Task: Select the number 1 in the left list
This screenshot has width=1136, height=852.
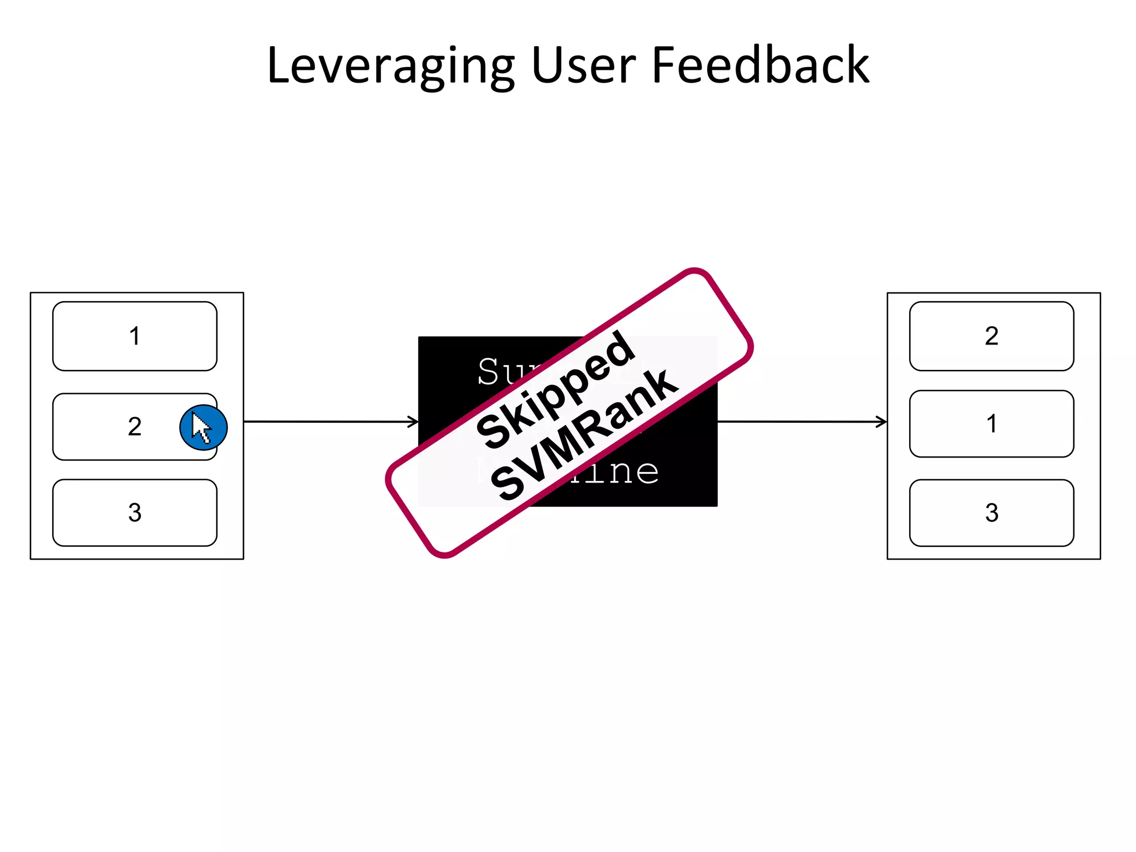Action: [135, 336]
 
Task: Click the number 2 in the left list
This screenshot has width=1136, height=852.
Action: [135, 427]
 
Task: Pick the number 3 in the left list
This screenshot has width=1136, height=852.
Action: [135, 513]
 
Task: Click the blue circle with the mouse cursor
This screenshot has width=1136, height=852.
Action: [204, 428]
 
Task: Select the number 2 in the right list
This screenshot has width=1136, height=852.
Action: [992, 336]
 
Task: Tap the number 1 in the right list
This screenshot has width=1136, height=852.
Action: [992, 424]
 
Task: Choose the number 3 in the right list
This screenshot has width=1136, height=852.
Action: [992, 513]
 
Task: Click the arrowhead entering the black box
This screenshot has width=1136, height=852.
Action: [414, 422]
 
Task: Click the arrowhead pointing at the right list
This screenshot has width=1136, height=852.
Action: [882, 422]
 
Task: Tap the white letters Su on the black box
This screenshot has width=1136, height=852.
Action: [497, 372]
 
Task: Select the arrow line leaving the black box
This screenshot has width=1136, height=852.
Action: [799, 422]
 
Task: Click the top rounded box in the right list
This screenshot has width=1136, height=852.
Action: [943, 336]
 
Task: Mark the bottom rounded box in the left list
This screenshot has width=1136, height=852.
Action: [83, 513]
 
